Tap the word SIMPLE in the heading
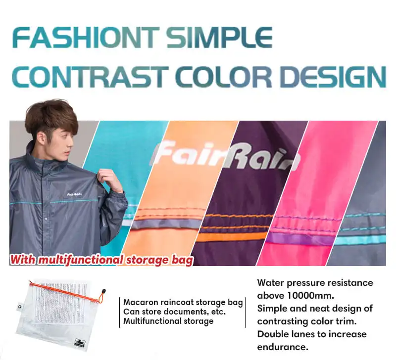pos(220,38)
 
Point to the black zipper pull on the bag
pos(103,292)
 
